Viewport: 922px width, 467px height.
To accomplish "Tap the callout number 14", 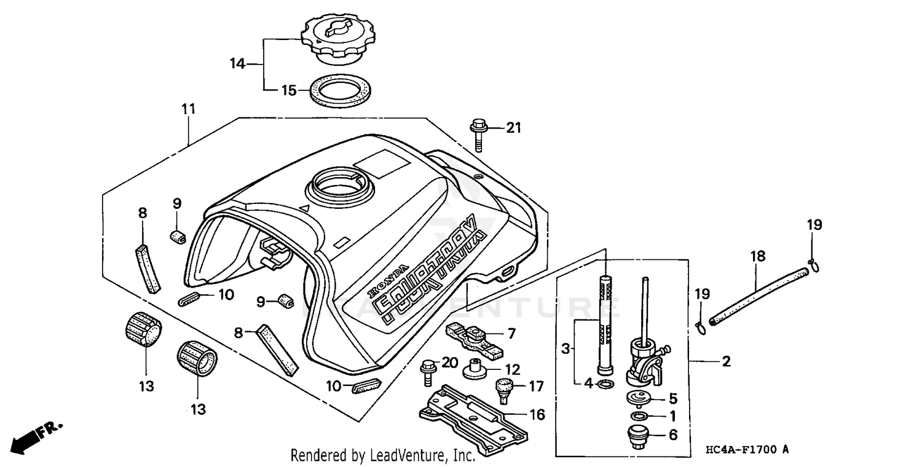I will click(x=238, y=63).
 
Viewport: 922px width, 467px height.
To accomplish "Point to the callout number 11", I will click(x=188, y=109).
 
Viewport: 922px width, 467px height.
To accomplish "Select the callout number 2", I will click(x=726, y=362).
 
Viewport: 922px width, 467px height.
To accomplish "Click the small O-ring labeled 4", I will click(x=605, y=385).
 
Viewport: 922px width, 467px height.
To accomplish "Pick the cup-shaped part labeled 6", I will click(x=636, y=437).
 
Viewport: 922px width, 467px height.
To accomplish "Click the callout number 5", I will click(x=673, y=398).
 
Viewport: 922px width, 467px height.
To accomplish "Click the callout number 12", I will click(x=512, y=370).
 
